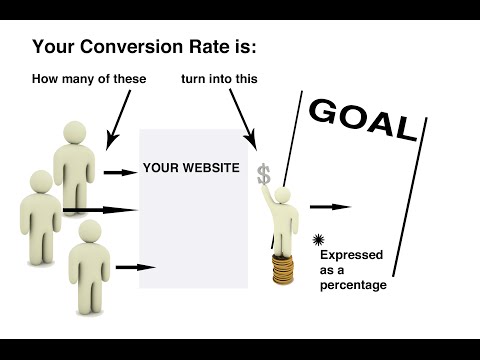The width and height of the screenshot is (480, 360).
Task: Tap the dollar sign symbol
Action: coord(263,175)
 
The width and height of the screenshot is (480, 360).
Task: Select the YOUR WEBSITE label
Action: coord(191,168)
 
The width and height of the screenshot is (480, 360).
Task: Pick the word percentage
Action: coord(353,285)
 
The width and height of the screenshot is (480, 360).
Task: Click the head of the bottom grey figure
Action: coord(87,234)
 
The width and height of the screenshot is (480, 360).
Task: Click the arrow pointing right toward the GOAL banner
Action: coord(330,207)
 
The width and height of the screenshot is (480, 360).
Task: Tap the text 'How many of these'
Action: coord(89,79)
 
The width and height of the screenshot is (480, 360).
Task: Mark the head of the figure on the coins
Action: coord(283,193)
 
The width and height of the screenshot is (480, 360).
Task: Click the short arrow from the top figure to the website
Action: coord(119,172)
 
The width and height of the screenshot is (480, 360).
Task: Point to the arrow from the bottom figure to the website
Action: coord(135,267)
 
